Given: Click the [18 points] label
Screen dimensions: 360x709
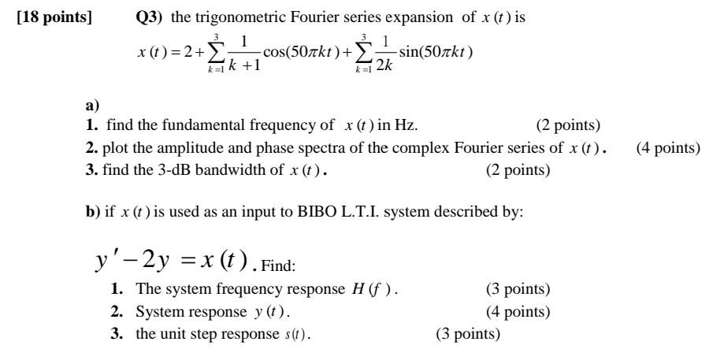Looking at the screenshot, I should [53, 18].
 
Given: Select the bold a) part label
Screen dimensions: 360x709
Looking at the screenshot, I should [91, 105].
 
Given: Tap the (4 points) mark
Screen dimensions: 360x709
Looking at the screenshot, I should [667, 147].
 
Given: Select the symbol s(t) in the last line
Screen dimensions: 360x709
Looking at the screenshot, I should [303, 333].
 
